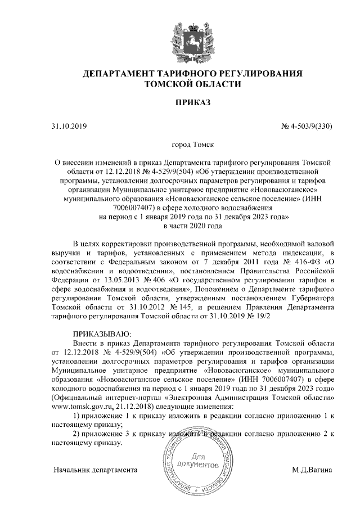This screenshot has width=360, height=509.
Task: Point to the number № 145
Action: pyautogui.click(x=178, y=307)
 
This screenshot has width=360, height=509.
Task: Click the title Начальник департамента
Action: pyautogui.click(x=96, y=469)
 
